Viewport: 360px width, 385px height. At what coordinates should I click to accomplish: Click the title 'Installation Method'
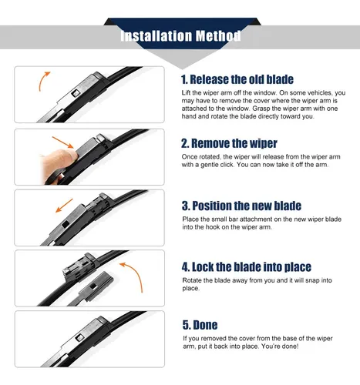[180, 35]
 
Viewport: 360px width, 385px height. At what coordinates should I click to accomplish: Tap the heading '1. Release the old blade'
[237, 79]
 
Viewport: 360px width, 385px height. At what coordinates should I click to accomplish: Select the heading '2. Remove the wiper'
[229, 143]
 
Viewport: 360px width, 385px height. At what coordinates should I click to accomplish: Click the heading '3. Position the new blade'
[241, 206]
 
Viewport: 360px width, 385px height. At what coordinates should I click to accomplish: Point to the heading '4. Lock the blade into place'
[247, 267]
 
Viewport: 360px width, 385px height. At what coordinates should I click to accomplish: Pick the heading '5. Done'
[200, 325]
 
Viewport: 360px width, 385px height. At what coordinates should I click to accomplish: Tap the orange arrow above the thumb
[63, 142]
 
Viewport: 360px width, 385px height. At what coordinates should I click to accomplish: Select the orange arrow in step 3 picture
[64, 206]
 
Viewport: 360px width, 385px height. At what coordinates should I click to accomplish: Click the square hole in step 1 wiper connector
[75, 92]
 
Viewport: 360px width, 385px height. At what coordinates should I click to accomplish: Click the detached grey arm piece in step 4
[91, 288]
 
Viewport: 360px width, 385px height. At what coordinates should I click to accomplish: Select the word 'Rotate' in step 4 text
[192, 280]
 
